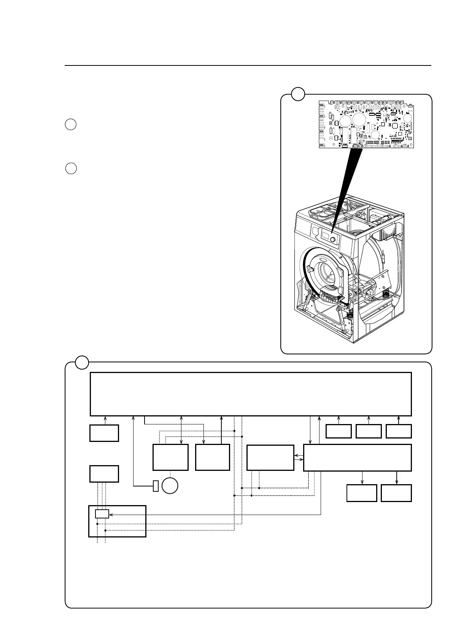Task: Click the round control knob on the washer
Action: tap(333, 240)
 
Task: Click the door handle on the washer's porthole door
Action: tap(310, 269)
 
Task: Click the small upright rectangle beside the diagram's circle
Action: tap(156, 486)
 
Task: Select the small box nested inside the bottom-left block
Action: tap(102, 514)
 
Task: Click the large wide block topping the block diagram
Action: tap(251, 394)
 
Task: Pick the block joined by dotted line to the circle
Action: tap(170, 457)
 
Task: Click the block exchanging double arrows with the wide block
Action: tap(270, 458)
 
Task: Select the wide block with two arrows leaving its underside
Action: tap(357, 458)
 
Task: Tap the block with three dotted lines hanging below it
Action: tap(104, 474)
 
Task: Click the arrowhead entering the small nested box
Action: tap(111, 514)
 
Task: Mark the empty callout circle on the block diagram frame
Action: tap(82, 362)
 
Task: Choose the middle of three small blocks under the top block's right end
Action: tap(369, 431)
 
